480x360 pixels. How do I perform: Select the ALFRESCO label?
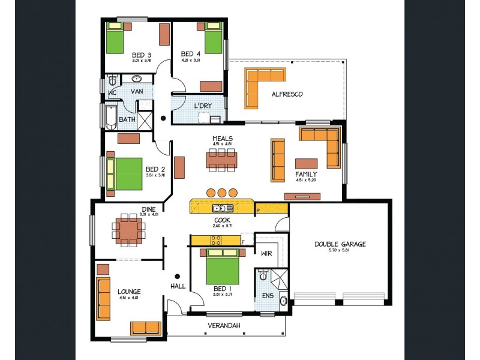287,94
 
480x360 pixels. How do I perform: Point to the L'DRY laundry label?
203,106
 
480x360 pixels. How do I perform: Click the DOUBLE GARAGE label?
340,244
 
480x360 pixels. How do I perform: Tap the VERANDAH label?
224,326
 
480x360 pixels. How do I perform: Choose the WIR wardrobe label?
266,254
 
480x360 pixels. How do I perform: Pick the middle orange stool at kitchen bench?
223,193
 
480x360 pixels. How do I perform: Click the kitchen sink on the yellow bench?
222,208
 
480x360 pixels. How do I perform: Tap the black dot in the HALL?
177,276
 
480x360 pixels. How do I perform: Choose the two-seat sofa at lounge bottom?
145,328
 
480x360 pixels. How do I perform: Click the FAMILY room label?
305,175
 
